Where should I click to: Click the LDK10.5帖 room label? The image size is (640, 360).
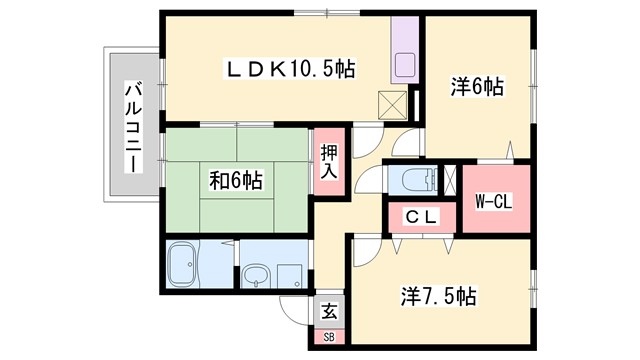[x=290, y=69]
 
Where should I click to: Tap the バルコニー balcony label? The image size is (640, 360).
[x=131, y=127]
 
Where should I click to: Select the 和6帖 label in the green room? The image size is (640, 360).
[x=236, y=181]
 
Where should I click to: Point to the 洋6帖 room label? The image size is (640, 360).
[x=476, y=88]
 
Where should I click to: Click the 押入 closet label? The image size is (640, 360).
[x=329, y=162]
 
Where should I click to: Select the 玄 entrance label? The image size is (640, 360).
[x=330, y=311]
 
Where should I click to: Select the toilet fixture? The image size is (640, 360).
[x=414, y=181]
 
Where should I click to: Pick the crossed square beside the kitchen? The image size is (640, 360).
[x=392, y=103]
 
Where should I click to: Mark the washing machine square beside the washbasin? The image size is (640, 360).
[x=289, y=275]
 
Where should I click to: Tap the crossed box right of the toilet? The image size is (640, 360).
[x=448, y=181]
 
